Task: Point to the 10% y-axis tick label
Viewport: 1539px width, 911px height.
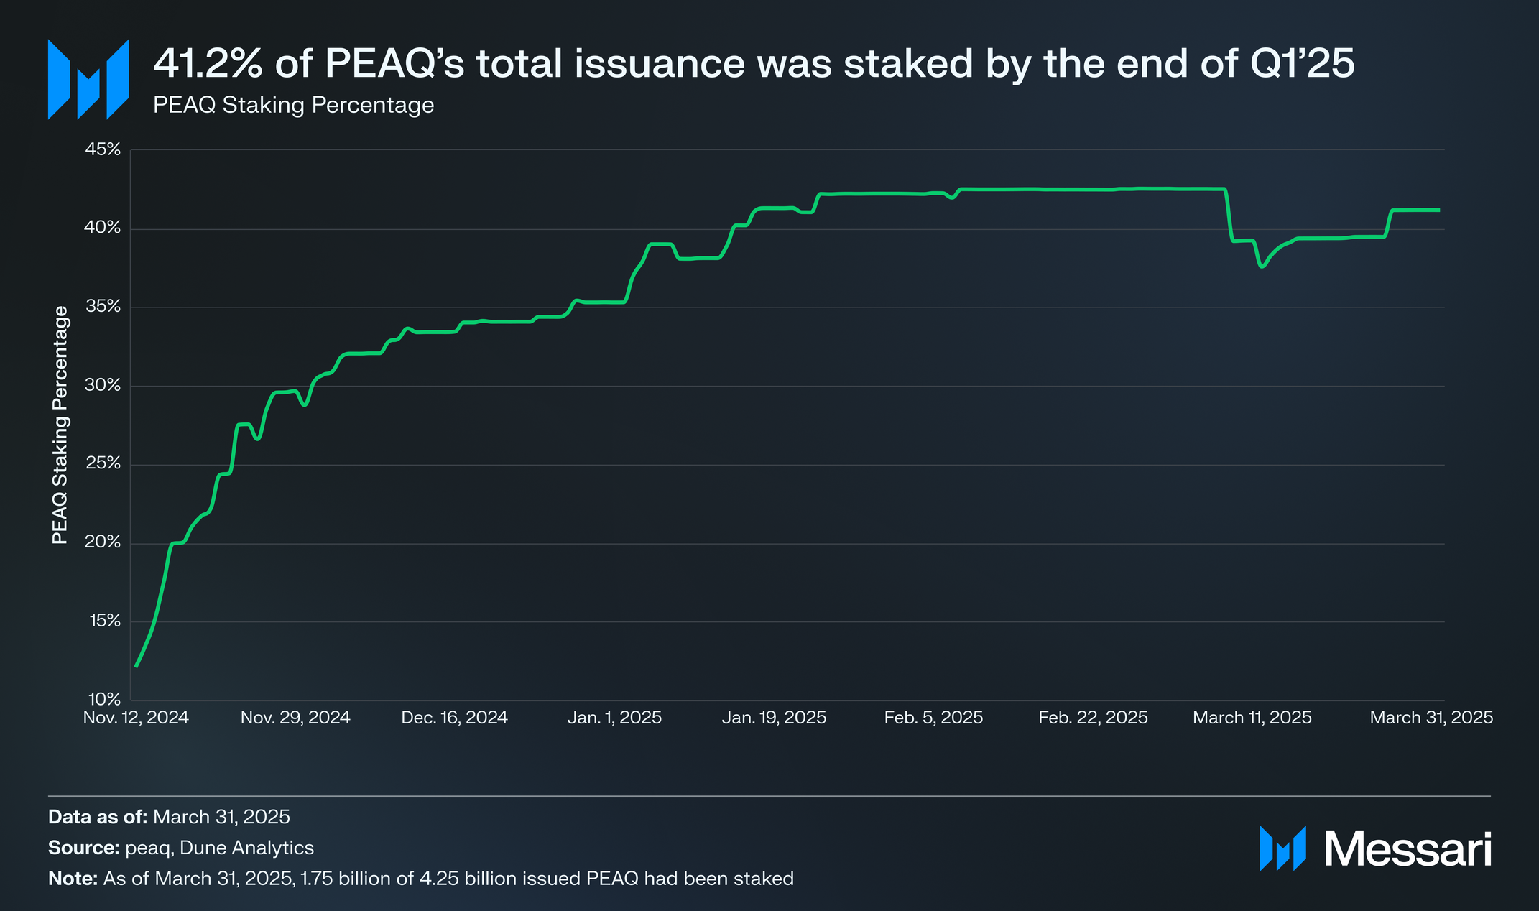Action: pos(105,699)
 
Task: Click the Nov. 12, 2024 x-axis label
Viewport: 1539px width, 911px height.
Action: pos(136,718)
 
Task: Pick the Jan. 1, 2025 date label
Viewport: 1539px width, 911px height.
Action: pos(614,718)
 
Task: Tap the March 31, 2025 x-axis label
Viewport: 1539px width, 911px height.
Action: pos(1431,718)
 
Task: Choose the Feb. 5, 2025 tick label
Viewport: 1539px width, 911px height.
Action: pos(933,718)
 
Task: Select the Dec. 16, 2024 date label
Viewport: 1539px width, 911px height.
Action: pos(454,718)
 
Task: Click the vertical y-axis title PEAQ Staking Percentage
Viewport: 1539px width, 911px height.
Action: pos(60,425)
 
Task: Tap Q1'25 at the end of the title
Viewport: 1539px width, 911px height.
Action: pos(1302,63)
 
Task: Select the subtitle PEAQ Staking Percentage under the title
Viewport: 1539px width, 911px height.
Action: pos(293,106)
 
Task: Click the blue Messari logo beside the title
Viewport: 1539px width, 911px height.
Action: pos(88,79)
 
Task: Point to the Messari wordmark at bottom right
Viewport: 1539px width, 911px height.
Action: pos(1408,849)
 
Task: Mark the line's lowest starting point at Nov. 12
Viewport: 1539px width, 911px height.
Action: pos(136,667)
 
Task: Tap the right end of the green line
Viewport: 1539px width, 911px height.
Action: pos(1438,210)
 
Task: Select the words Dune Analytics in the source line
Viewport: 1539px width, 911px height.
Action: pos(246,848)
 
